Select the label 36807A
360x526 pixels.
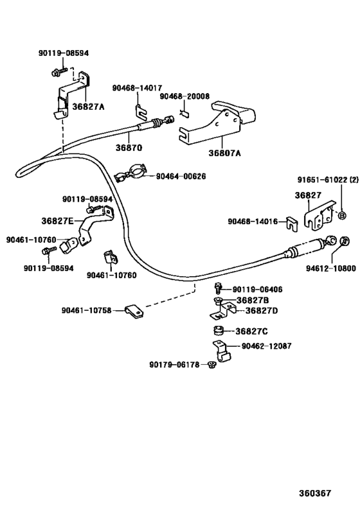coord(224,153)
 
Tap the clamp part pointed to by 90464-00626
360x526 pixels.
coord(128,176)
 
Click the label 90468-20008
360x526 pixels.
coord(184,96)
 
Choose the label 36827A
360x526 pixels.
coord(87,107)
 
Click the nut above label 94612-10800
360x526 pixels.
coord(344,242)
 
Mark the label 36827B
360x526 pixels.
coord(252,300)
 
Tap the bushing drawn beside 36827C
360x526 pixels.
coord(218,331)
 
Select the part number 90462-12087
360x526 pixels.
coord(266,346)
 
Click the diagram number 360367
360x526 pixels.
coord(314,493)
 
